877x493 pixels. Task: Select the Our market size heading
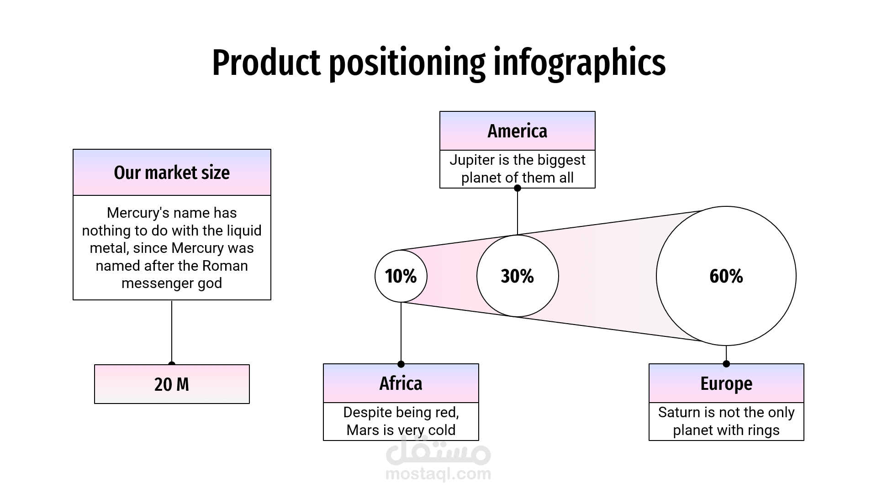172,173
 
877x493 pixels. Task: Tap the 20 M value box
172,384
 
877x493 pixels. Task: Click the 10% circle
401,276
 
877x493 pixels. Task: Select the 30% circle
517,276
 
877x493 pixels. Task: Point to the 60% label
726,276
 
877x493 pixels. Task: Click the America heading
517,131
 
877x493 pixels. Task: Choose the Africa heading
401,383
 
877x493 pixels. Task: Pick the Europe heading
726,383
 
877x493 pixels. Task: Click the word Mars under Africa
361,430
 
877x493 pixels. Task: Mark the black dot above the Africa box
401,364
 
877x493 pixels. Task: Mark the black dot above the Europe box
726,364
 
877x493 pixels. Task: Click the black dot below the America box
518,188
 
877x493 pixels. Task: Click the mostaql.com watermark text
438,474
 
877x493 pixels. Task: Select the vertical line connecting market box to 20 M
172,331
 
